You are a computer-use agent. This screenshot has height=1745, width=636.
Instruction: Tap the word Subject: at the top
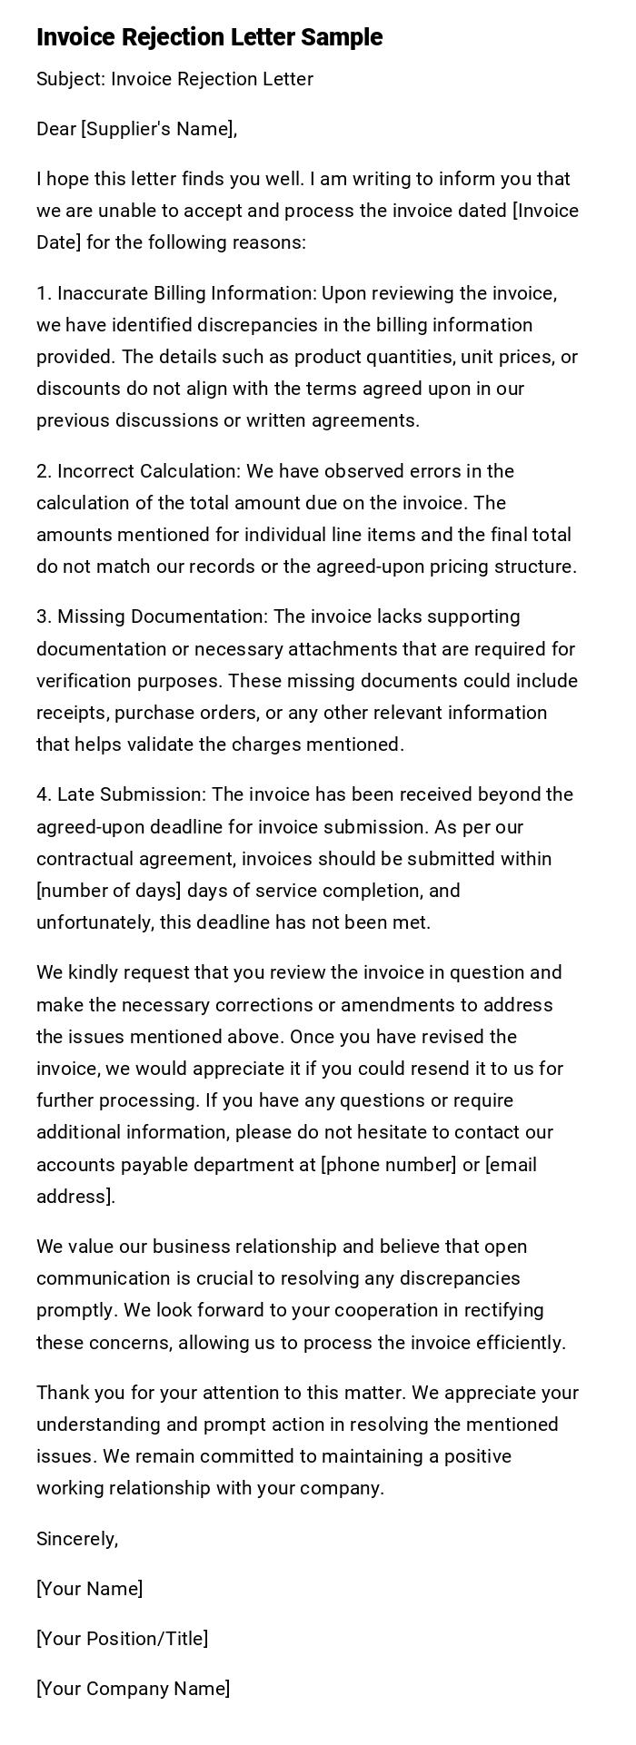tap(71, 80)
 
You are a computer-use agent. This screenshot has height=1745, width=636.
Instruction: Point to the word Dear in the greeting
tap(55, 129)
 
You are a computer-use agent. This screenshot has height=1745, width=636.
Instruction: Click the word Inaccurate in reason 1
tap(102, 293)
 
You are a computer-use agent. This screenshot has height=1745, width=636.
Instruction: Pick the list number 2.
tap(43, 471)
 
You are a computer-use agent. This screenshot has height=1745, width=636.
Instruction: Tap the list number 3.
tap(43, 616)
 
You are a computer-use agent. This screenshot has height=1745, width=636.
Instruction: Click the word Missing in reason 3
tap(91, 616)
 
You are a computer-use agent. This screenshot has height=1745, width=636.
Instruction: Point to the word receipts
tap(72, 713)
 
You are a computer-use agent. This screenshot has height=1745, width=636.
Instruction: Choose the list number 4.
tap(43, 794)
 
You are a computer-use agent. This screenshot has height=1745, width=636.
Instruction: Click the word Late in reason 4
tap(75, 794)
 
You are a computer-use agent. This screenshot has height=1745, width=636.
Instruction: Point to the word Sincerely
tap(77, 1539)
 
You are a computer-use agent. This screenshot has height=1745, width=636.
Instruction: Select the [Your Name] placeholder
tap(89, 1589)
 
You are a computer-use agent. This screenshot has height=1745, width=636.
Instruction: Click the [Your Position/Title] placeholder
tap(122, 1639)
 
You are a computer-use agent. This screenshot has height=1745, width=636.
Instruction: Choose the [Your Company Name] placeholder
tap(133, 1689)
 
